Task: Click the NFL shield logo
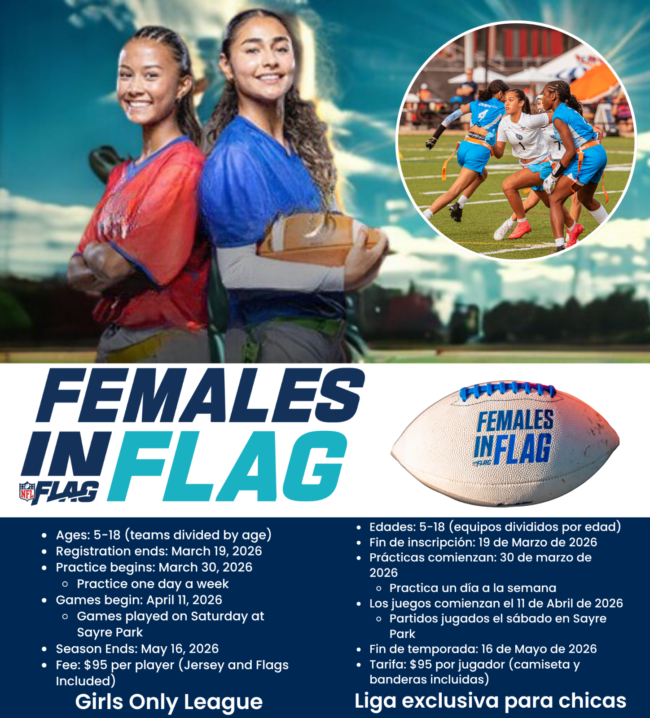pos(27,491)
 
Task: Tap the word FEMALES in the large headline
pos(201,396)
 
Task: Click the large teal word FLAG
pos(227,467)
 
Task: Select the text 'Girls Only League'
pos(169,702)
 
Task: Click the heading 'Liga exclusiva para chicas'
pos(490,700)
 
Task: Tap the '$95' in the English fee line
pos(96,665)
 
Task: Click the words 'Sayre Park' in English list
pos(110,632)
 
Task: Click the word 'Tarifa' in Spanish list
pos(387,664)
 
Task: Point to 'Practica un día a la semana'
pos(473,588)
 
